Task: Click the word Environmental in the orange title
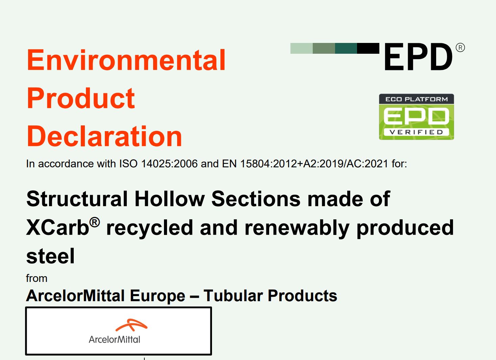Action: (126, 60)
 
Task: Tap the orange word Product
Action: (81, 98)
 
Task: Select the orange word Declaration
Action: (104, 136)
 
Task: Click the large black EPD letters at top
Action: (418, 57)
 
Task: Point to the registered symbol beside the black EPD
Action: (460, 48)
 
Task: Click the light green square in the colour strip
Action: (301, 48)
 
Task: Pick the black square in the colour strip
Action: (368, 48)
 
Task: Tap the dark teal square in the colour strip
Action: (346, 48)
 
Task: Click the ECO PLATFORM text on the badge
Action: (416, 99)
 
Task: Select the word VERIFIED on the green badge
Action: (416, 132)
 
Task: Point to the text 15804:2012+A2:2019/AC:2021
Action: (314, 164)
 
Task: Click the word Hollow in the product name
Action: (169, 199)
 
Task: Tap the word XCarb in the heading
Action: (57, 227)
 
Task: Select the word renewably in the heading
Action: (297, 227)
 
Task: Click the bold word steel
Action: (50, 256)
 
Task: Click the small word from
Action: (37, 278)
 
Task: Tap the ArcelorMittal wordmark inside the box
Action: (114, 339)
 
